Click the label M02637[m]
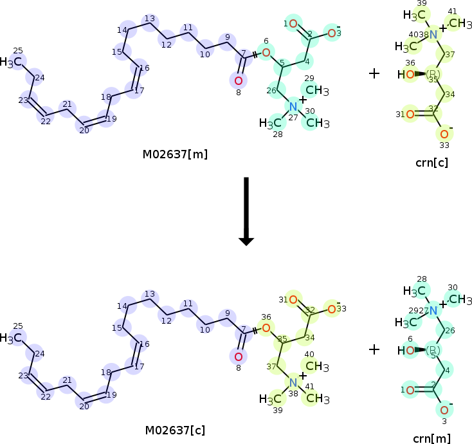tap(176, 154)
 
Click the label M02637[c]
tap(176, 430)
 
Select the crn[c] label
tap(431, 162)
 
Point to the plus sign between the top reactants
tap(374, 73)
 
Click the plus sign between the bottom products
tap(374, 349)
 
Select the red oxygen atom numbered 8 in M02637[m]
tap(238, 80)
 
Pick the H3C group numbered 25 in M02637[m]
tap(14, 62)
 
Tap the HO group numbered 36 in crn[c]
tap(406, 75)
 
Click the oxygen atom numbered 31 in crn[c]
tap(410, 115)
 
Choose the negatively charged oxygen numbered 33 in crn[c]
tap(443, 134)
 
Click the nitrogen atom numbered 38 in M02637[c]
tap(293, 382)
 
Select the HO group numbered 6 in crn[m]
tap(406, 351)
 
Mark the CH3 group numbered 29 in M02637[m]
tap(314, 90)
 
